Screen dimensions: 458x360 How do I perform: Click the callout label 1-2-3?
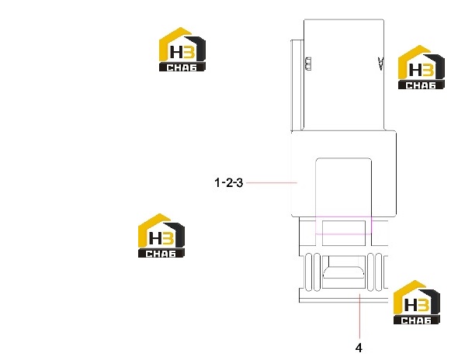point(229,183)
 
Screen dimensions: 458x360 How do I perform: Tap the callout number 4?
point(359,348)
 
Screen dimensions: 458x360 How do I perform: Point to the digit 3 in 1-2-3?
point(240,183)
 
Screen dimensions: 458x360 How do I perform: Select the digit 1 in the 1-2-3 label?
point(217,183)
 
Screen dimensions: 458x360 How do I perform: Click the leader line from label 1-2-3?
point(272,183)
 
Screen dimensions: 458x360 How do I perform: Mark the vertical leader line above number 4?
point(360,317)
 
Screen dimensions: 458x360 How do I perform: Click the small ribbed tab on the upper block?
point(308,64)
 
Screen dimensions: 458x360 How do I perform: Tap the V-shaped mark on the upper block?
point(380,64)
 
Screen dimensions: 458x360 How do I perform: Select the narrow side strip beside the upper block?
point(297,85)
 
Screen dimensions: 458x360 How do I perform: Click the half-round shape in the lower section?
point(343,272)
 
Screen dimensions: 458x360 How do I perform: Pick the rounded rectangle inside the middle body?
point(344,196)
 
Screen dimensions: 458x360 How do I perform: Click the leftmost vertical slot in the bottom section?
point(308,272)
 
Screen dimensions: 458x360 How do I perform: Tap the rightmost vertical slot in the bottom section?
point(379,272)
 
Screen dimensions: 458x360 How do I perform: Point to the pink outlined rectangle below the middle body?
point(344,226)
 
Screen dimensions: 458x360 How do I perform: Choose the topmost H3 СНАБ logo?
point(182,50)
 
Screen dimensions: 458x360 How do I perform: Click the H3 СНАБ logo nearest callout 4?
point(417,302)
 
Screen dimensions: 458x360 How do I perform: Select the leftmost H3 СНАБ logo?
point(161,235)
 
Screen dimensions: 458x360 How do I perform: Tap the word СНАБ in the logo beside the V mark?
point(421,85)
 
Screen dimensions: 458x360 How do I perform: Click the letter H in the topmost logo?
point(176,53)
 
